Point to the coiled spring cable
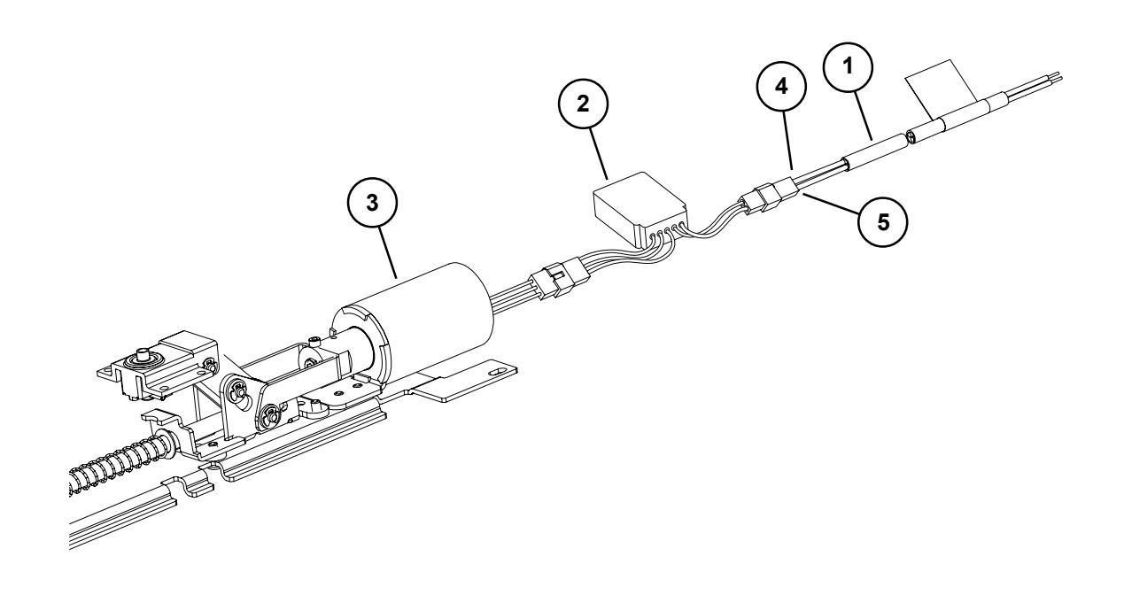tap(124, 465)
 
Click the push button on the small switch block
tap(140, 359)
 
